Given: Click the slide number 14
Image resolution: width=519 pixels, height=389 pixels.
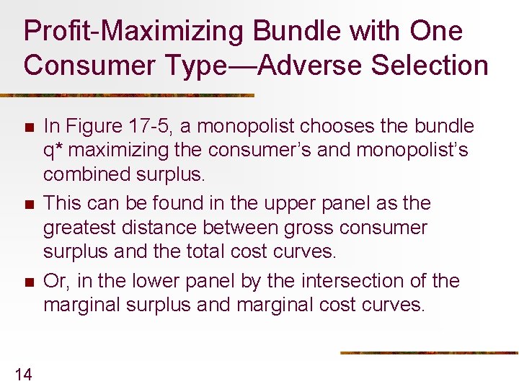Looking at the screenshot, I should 23,373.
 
